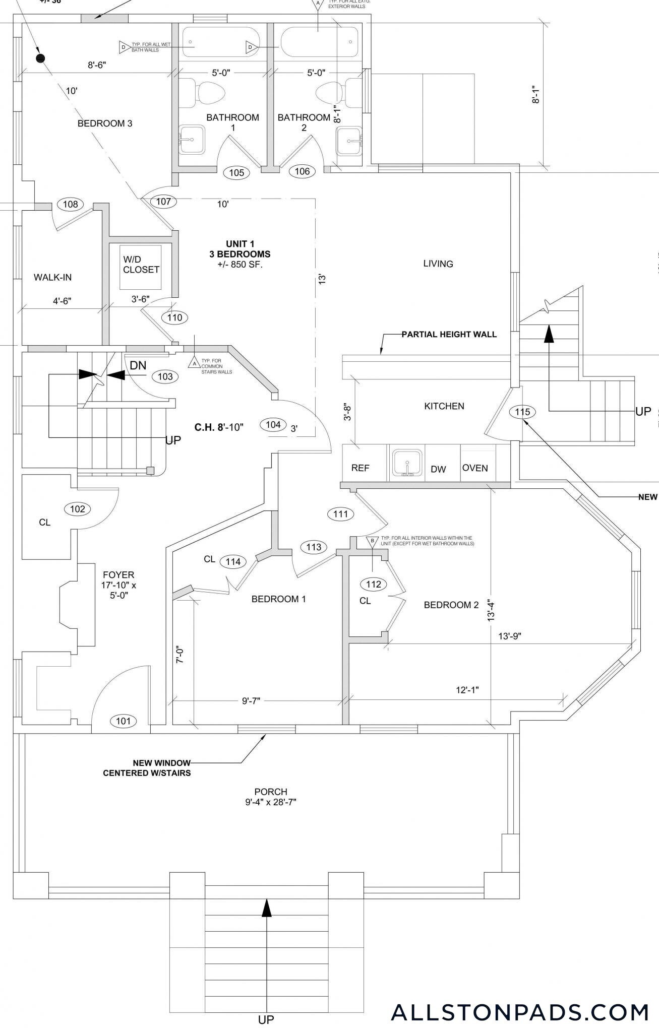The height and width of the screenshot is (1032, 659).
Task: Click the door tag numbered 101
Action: [124, 721]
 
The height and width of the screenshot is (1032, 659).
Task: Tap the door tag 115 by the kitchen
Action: [522, 412]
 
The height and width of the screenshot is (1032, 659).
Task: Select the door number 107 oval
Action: [163, 202]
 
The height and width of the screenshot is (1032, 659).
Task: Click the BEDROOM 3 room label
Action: [105, 123]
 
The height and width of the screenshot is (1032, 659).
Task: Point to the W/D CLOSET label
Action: [141, 265]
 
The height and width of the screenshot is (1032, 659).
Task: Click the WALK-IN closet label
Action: [52, 277]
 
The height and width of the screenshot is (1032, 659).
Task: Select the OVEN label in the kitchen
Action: [475, 468]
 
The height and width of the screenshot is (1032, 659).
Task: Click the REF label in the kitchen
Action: [360, 468]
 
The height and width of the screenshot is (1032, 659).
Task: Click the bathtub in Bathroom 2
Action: [319, 43]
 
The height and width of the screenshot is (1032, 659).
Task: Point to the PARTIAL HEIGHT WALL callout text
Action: [449, 334]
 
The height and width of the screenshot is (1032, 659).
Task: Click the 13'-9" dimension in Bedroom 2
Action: [509, 636]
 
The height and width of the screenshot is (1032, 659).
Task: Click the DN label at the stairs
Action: [138, 365]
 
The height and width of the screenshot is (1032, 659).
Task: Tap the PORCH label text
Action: [271, 792]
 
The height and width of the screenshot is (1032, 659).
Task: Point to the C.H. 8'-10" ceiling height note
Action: [219, 427]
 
